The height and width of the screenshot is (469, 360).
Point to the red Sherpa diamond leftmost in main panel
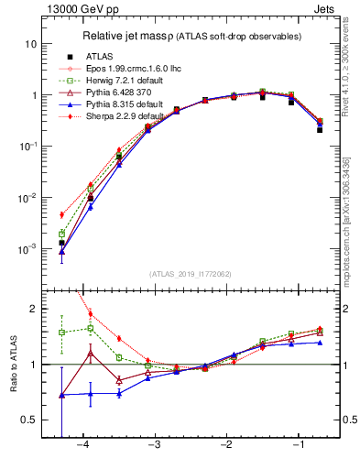[61, 215]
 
